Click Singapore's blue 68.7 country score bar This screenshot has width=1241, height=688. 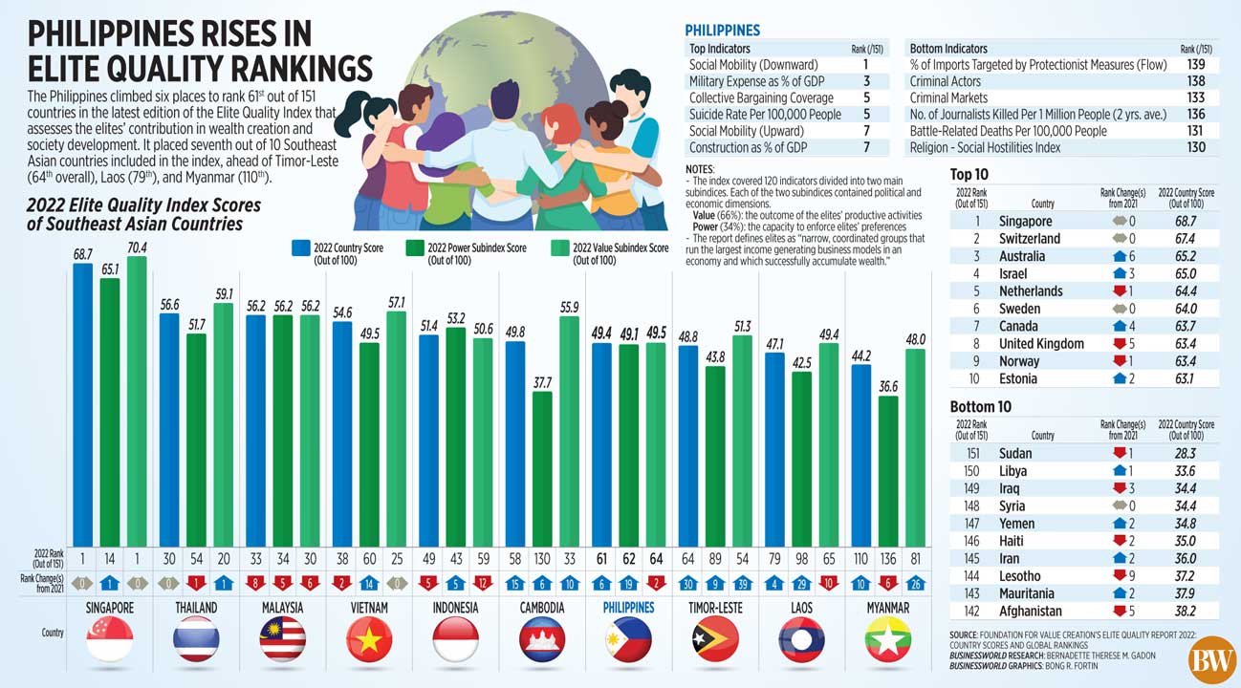click(x=83, y=401)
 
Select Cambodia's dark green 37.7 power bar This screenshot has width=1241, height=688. click(x=542, y=468)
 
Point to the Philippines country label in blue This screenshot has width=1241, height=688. click(x=629, y=608)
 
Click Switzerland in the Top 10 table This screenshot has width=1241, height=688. click(x=1029, y=238)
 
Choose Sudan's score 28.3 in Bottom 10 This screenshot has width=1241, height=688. click(x=1186, y=453)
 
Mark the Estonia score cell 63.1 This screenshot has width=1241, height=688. click(x=1186, y=378)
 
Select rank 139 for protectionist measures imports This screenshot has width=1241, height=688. click(x=1194, y=65)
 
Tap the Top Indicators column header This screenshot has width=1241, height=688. click(x=720, y=48)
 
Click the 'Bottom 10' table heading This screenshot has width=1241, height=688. click(x=982, y=406)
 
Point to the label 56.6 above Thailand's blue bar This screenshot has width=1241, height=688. click(x=169, y=305)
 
